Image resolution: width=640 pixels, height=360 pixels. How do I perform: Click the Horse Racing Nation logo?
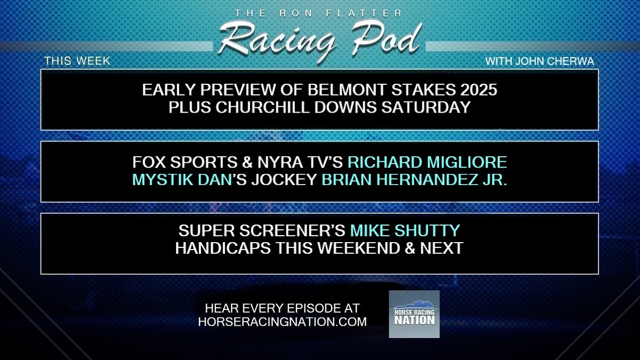pyautogui.click(x=414, y=314)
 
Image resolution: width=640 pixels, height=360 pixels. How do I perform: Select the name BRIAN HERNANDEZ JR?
pyautogui.click(x=414, y=179)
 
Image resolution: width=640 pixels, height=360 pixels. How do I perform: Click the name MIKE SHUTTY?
pyautogui.click(x=404, y=231)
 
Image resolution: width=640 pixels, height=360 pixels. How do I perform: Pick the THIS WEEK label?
pyautogui.click(x=77, y=61)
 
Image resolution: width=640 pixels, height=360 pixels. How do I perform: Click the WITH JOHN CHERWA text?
pyautogui.click(x=539, y=61)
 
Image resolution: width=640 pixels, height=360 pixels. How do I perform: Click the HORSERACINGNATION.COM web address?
pyautogui.click(x=282, y=322)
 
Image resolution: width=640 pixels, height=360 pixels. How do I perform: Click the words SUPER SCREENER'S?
pyautogui.click(x=262, y=231)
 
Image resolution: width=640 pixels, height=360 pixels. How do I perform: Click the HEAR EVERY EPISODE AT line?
pyautogui.click(x=282, y=308)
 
